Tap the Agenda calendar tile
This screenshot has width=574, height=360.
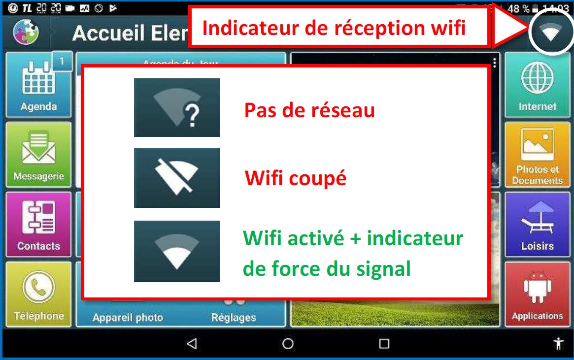pyautogui.click(x=38, y=85)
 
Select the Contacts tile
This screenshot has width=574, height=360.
pyautogui.click(x=38, y=224)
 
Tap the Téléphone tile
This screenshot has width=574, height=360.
pyautogui.click(x=38, y=294)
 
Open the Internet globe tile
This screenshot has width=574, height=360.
pyautogui.click(x=537, y=85)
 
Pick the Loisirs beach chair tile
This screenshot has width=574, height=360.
pyautogui.click(x=537, y=224)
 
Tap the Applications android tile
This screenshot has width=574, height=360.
pyautogui.click(x=537, y=294)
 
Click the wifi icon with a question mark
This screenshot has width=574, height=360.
pyautogui.click(x=176, y=107)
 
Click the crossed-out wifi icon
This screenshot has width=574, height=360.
pyautogui.click(x=176, y=177)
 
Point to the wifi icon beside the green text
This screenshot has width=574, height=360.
pyautogui.click(x=176, y=251)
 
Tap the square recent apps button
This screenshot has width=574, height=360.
pyautogui.click(x=384, y=343)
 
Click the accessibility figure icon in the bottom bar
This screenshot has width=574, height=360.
pyautogui.click(x=558, y=343)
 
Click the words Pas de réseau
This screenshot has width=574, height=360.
pyautogui.click(x=309, y=110)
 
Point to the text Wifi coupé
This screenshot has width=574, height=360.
pyautogui.click(x=296, y=178)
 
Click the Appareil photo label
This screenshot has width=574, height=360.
pyautogui.click(x=127, y=318)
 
